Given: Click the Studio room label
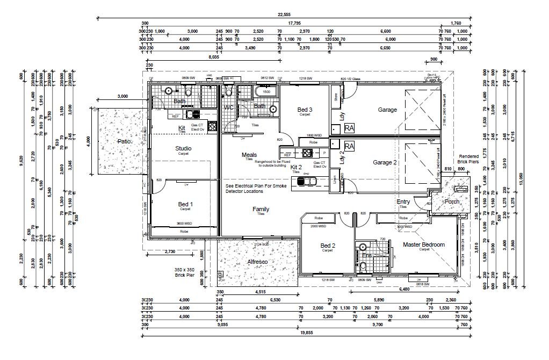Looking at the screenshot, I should pos(183,148).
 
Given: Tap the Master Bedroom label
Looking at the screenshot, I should pos(424,244).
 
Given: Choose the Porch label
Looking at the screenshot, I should pos(451,202).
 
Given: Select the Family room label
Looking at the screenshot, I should pos(261,209).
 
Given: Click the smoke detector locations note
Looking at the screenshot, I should pos(256,188).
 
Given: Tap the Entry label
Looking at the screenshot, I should pos(403,202).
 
